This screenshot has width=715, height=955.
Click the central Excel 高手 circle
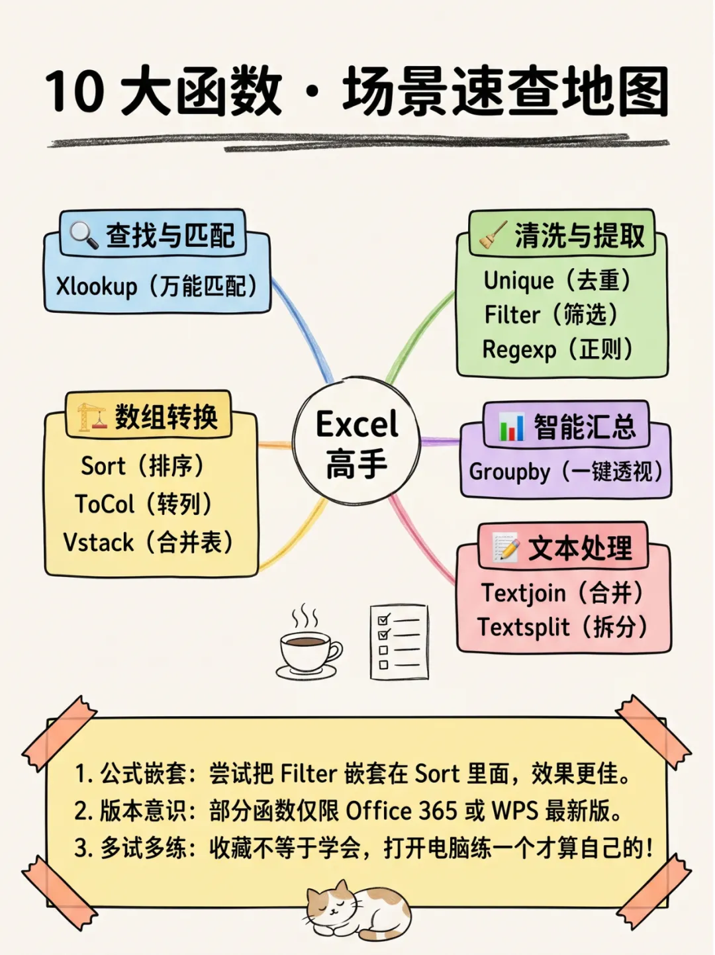[357, 442]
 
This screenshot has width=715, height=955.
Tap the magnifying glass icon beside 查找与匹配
[84, 234]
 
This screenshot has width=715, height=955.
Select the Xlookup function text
[97, 287]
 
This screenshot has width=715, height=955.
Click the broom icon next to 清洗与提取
[493, 236]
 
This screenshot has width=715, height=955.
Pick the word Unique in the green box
[518, 281]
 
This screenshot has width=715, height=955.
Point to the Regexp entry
[519, 349]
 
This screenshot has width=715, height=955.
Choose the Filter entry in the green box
[512, 315]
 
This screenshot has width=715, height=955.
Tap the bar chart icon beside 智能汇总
[511, 427]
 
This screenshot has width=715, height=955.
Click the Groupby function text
[510, 472]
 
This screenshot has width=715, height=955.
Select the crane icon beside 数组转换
[92, 417]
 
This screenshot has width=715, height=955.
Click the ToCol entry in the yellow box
[105, 504]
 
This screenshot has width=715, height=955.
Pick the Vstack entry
[99, 543]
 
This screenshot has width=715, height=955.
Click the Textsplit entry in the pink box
[524, 627]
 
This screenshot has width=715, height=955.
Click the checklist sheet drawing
[399, 641]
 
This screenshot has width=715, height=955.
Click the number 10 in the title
[75, 91]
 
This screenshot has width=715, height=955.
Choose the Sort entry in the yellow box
[103, 466]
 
